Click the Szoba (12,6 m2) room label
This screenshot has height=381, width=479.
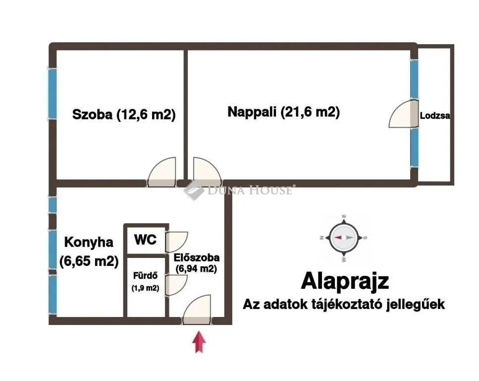point(124,115)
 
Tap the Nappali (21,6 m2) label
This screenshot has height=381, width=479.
point(283,112)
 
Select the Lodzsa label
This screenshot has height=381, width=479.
point(435,116)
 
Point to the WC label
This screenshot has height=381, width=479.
point(146,240)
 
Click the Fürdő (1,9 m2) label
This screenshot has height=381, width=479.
point(146,282)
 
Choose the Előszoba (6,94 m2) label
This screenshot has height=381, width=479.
point(197,263)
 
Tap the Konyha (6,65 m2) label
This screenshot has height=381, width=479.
point(89,252)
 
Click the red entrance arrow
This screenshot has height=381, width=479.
point(199,341)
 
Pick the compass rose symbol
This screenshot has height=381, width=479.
point(343,238)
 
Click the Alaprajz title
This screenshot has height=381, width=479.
point(345,281)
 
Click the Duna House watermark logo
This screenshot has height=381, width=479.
point(238,190)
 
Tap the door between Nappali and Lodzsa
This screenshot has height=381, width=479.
point(403,114)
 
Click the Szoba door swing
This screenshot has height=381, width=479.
point(162,172)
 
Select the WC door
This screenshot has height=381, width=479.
point(176,242)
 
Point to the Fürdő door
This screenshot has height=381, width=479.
point(176,285)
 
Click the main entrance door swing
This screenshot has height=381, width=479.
point(197,310)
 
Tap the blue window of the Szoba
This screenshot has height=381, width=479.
point(52,93)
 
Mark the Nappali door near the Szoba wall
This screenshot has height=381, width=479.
point(207,172)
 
